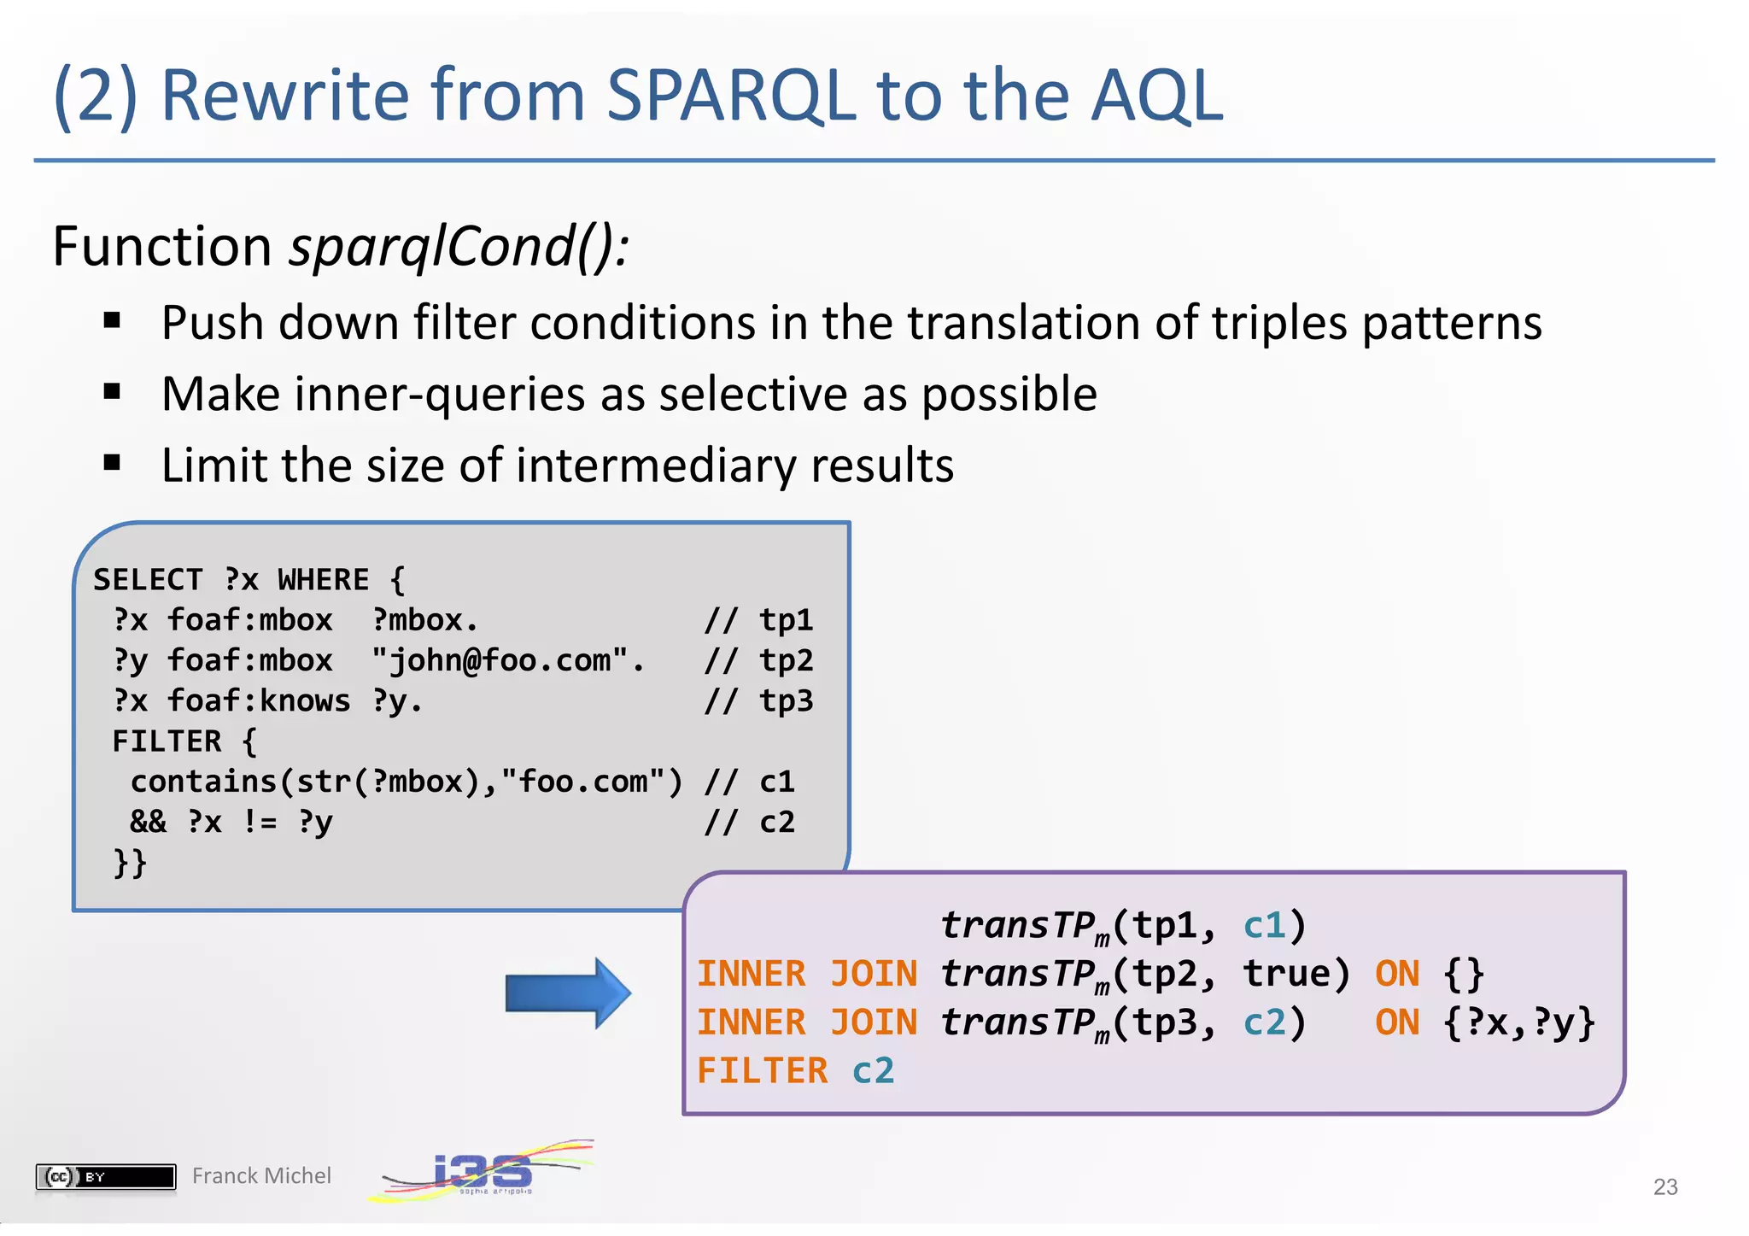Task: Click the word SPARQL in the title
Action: pyautogui.click(x=730, y=96)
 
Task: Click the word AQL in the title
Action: pyautogui.click(x=1157, y=96)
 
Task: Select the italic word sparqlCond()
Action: pyautogui.click(x=459, y=248)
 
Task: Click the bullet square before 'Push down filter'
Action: pyautogui.click(x=112, y=321)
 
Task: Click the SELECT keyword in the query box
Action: pyautogui.click(x=148, y=580)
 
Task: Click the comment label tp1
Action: pyautogui.click(x=786, y=620)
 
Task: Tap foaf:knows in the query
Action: pyautogui.click(x=258, y=701)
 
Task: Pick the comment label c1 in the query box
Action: pyautogui.click(x=776, y=782)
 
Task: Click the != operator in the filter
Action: pyautogui.click(x=260, y=822)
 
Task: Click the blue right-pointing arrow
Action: pyautogui.click(x=568, y=993)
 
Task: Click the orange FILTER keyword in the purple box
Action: pyautogui.click(x=762, y=1071)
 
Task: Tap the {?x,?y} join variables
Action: pyautogui.click(x=1518, y=1022)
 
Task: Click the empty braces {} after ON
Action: pyautogui.click(x=1464, y=975)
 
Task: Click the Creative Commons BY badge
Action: pyautogui.click(x=105, y=1176)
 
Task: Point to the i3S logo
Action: pyautogui.click(x=483, y=1171)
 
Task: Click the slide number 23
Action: pyautogui.click(x=1664, y=1186)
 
